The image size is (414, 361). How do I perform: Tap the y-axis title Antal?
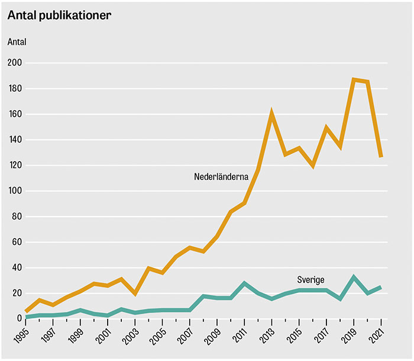point(17,42)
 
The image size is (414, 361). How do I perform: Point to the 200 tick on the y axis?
point(14,63)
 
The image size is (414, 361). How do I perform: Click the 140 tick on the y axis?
point(14,140)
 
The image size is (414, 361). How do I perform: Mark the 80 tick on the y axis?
point(16,217)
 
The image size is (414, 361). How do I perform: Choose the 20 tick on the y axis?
point(16,294)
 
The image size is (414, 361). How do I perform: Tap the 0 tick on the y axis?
point(18,319)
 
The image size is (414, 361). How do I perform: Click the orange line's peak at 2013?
point(271,113)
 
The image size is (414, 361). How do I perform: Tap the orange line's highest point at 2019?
point(354,79)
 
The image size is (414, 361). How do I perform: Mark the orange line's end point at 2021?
point(381,157)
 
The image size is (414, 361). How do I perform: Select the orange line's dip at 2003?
point(135,294)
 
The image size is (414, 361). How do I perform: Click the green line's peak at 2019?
point(354,278)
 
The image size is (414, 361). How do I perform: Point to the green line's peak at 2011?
point(244,283)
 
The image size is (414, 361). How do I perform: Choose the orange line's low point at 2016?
point(312,166)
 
